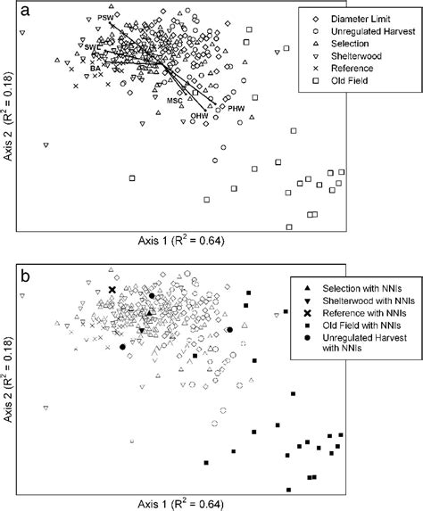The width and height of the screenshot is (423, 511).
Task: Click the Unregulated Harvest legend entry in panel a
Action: pyautogui.click(x=361, y=31)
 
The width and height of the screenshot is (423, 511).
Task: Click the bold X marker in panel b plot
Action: pyautogui.click(x=112, y=290)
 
